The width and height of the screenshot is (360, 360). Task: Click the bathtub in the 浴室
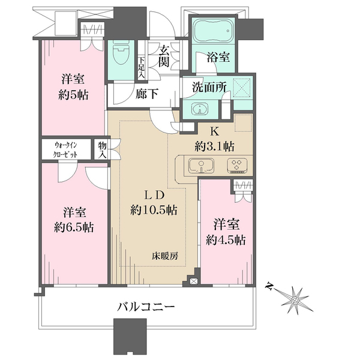[213, 31]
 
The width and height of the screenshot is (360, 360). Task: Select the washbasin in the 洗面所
[200, 109]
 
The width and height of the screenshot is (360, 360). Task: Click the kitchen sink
[201, 166]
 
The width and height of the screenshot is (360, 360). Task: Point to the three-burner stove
[237, 166]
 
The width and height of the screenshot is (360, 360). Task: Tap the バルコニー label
[146, 307]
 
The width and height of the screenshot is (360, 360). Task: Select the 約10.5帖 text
[154, 209]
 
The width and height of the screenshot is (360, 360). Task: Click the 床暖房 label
[165, 256]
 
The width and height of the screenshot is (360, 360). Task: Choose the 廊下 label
[146, 94]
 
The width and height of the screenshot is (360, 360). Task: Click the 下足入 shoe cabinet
[142, 67]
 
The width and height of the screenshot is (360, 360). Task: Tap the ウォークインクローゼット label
[65, 149]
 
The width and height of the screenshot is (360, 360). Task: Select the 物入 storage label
[103, 150]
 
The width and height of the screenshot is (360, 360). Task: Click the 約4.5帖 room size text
[226, 240]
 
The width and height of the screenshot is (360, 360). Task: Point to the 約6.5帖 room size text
[74, 227]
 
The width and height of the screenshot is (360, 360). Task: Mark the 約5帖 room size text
[73, 95]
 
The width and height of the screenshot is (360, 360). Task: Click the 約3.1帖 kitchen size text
[215, 146]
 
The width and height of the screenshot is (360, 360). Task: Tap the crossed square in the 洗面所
[242, 88]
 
